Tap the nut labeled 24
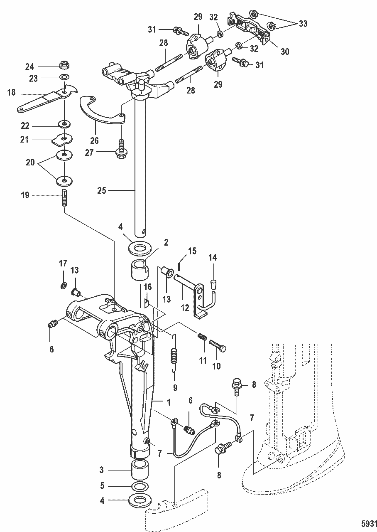[64, 65]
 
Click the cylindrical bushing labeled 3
[140, 470]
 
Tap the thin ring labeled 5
[140, 486]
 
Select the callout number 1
[169, 402]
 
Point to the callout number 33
[303, 24]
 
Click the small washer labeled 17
[63, 286]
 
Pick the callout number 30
[284, 52]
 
